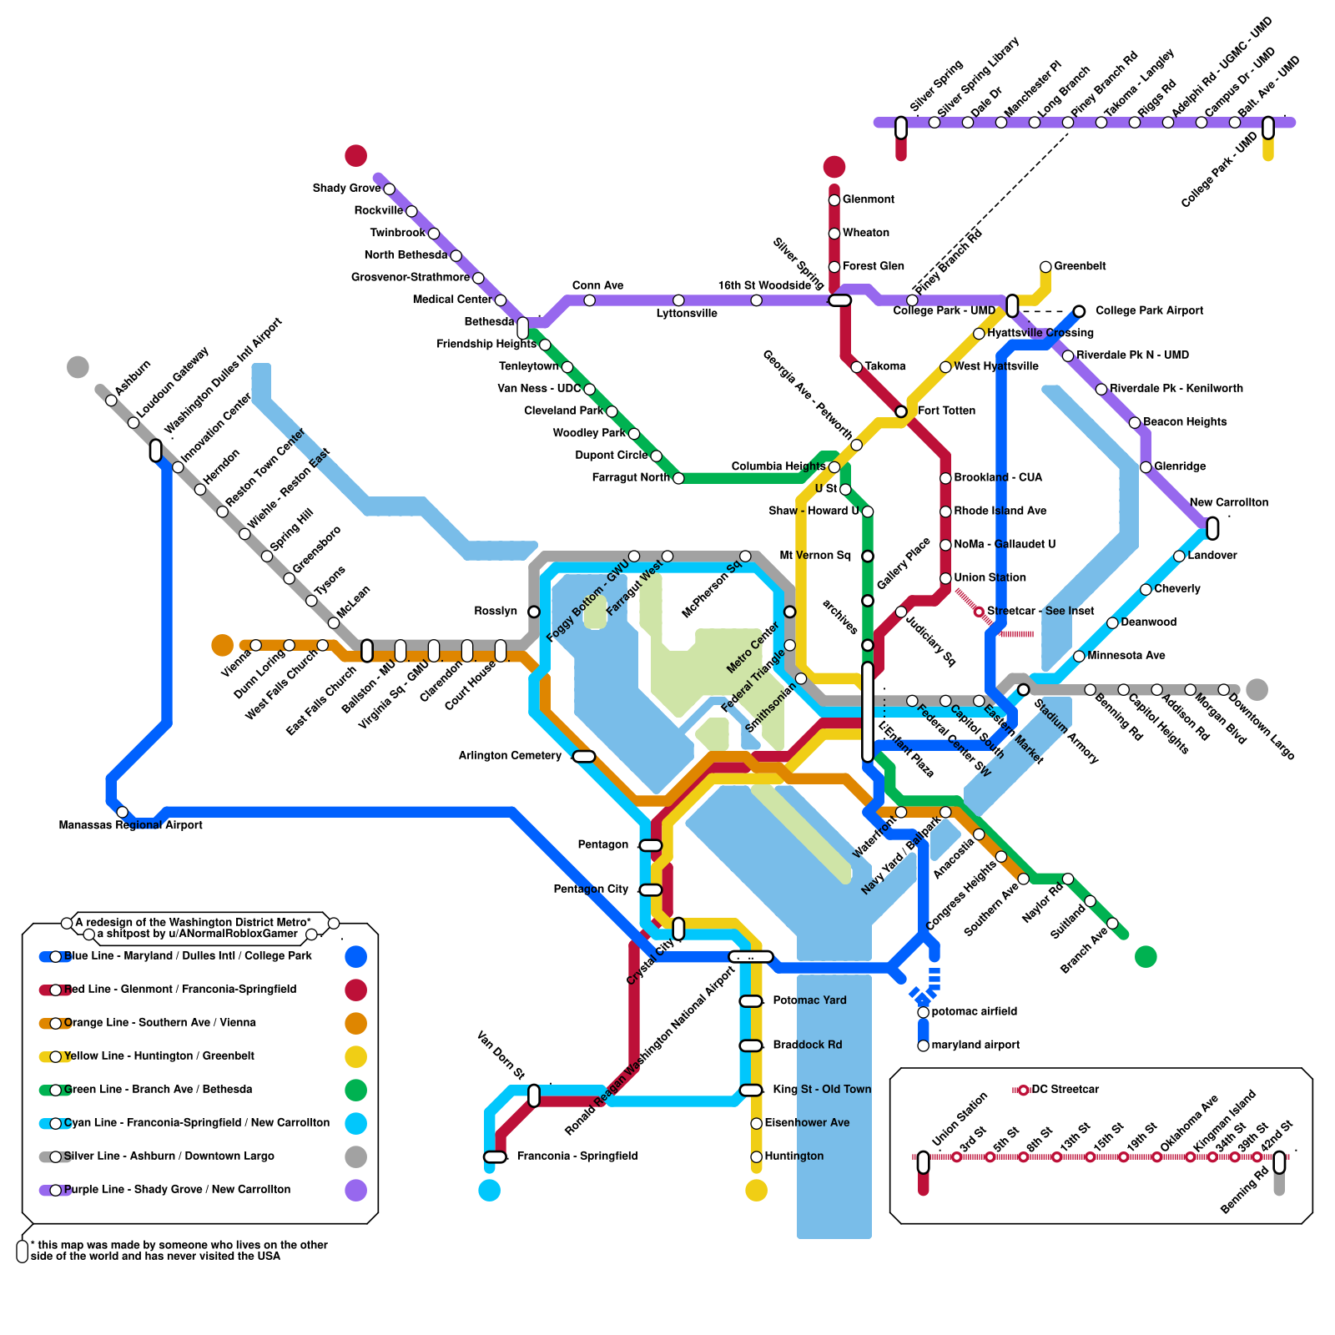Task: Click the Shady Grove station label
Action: (346, 189)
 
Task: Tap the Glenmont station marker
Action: (834, 200)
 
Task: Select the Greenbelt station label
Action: (1080, 266)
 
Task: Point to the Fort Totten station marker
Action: (901, 411)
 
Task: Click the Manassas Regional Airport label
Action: (131, 825)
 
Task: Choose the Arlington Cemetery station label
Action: (510, 756)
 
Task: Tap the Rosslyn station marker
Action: (534, 612)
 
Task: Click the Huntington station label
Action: (793, 1156)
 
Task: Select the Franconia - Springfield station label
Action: (577, 1156)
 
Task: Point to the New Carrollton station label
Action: (1228, 502)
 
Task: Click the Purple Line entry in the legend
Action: (177, 1190)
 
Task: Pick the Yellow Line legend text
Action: (159, 1056)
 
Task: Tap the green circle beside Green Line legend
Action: (356, 1090)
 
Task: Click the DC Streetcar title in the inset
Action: (1065, 1090)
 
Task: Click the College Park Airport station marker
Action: (1079, 311)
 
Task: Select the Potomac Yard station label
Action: (809, 1000)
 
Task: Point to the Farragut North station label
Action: (631, 478)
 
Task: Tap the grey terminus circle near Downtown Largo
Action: (1257, 690)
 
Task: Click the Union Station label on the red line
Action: (990, 578)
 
